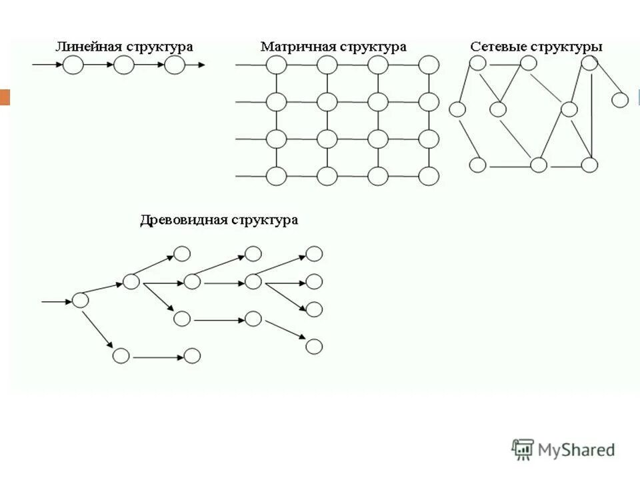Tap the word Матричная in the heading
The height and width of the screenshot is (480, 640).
click(297, 47)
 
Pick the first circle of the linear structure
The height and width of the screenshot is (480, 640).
click(73, 65)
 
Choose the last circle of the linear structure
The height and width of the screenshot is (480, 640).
click(174, 65)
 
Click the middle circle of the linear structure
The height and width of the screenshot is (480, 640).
click(124, 65)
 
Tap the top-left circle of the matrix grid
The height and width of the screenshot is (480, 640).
click(276, 65)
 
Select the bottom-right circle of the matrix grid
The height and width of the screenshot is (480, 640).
click(429, 176)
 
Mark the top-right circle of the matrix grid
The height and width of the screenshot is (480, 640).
click(429, 65)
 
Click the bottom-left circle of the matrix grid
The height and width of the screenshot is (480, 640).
click(276, 176)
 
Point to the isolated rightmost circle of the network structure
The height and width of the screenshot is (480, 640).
click(620, 100)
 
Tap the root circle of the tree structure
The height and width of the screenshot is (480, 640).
click(80, 301)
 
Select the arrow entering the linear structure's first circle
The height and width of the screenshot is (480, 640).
click(47, 65)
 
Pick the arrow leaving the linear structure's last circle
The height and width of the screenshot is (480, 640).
click(195, 65)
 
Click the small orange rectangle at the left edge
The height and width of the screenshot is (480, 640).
click(5, 97)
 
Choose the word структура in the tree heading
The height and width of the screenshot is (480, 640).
click(265, 220)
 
